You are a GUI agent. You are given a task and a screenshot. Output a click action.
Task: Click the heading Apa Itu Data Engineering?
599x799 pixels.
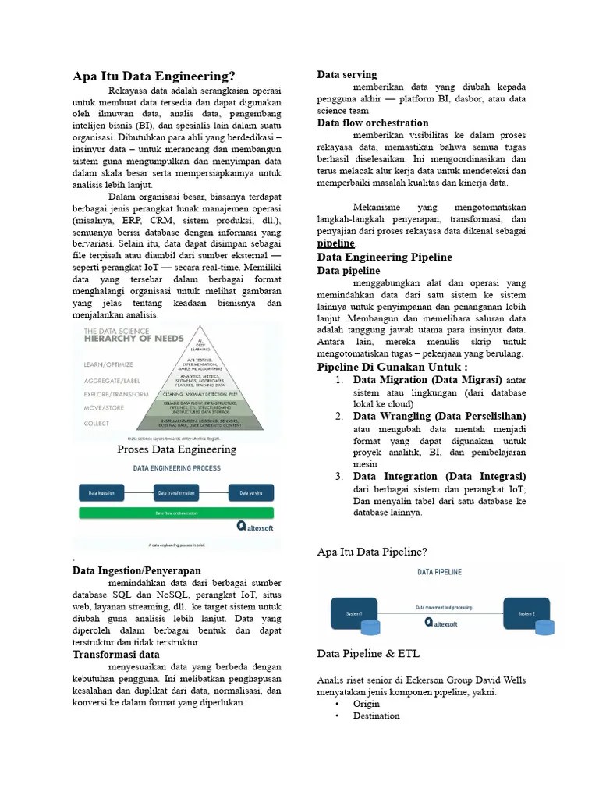coord(154,76)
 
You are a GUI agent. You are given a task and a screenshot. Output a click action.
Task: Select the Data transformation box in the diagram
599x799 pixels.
coord(175,493)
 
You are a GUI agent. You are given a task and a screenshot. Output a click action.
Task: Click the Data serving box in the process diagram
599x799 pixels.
coord(250,493)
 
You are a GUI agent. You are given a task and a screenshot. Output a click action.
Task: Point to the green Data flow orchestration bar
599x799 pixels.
coord(175,513)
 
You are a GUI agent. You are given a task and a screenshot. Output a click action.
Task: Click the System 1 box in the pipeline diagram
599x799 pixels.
coord(355,613)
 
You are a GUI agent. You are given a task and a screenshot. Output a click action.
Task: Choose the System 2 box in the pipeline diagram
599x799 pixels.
coord(526,613)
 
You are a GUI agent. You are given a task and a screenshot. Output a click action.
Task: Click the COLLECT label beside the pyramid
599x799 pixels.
coord(97,422)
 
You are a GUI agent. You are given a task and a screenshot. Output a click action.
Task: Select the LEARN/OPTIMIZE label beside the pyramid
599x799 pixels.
coord(108,364)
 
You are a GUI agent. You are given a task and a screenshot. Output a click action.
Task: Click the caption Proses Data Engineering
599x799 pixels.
coord(176,449)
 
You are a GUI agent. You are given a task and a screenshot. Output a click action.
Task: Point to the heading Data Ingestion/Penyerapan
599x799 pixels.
coord(136,570)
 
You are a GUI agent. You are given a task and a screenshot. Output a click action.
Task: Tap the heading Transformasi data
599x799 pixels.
coord(115,654)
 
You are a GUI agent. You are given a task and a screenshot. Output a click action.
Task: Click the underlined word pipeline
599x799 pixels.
coord(335,243)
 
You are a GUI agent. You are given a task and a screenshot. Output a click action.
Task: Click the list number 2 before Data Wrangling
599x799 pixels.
coord(339,416)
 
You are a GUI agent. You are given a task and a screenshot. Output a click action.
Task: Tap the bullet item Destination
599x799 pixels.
coord(376,716)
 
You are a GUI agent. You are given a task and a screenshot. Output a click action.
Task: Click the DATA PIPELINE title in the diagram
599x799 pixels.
coord(439,572)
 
